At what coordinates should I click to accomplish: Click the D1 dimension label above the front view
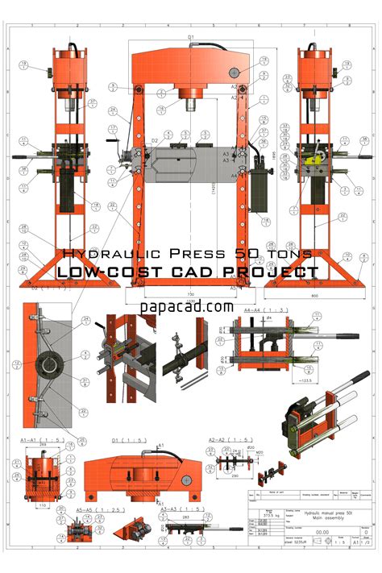tap(191, 36)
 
